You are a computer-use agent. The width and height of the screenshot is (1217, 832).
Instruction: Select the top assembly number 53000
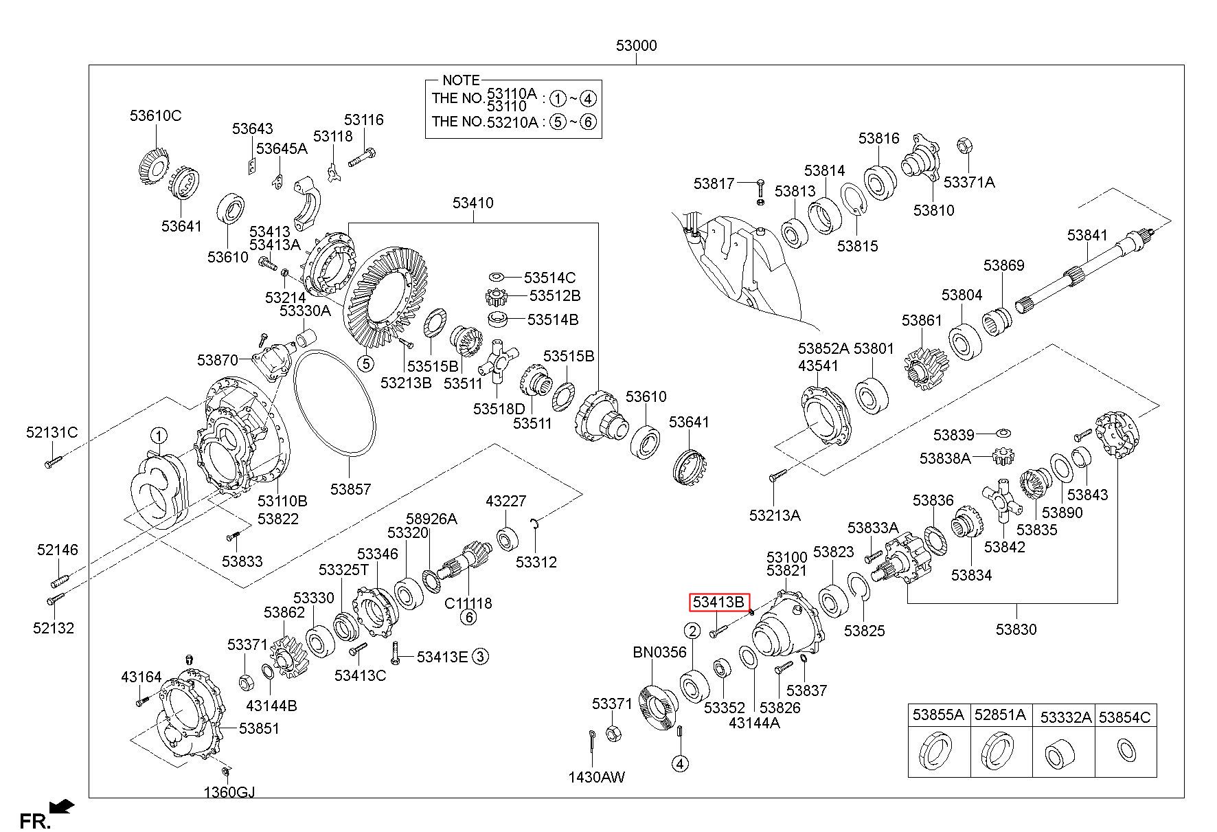coord(636,46)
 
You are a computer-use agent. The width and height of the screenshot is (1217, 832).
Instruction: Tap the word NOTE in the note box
coord(461,80)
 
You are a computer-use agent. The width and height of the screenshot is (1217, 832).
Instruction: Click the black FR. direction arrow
coord(63,805)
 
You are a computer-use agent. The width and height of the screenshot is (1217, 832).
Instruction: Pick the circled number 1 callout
coord(159,436)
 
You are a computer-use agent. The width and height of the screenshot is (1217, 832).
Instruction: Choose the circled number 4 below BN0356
coord(679,763)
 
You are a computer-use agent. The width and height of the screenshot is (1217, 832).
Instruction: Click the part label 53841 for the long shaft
coord(1087,235)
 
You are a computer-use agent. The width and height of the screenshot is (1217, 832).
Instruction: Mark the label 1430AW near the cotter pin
coord(596,777)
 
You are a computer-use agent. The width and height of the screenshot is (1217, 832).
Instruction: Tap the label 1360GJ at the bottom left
coord(229,792)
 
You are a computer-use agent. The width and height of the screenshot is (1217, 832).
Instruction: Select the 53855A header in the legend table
coord(938,715)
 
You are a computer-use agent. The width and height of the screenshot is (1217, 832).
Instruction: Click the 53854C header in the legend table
coord(1124,717)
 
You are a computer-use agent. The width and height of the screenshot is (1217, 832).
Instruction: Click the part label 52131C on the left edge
coord(52,433)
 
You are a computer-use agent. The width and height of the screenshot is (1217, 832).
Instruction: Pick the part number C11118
coord(468,603)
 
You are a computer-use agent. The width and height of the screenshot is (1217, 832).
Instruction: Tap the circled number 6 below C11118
coord(468,618)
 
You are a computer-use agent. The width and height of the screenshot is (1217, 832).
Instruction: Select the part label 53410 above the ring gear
coord(473,203)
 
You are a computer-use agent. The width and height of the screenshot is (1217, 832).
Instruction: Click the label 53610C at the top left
coord(156,116)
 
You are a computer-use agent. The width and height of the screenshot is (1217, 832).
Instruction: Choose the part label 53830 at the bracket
coord(1016,629)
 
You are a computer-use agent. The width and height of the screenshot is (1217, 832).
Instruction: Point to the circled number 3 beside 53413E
coord(480,657)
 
